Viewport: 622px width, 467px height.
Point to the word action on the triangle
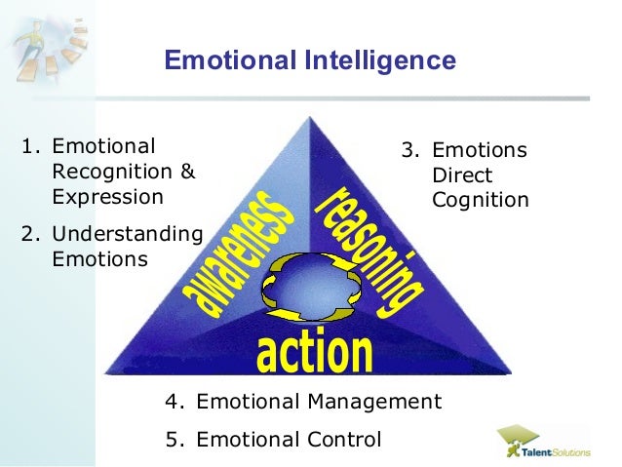314,353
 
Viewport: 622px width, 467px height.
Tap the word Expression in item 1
107,197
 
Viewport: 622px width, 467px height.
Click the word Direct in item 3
462,177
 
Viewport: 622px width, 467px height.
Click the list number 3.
409,152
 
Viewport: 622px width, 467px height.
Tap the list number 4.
173,402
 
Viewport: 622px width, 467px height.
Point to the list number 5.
173,439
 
